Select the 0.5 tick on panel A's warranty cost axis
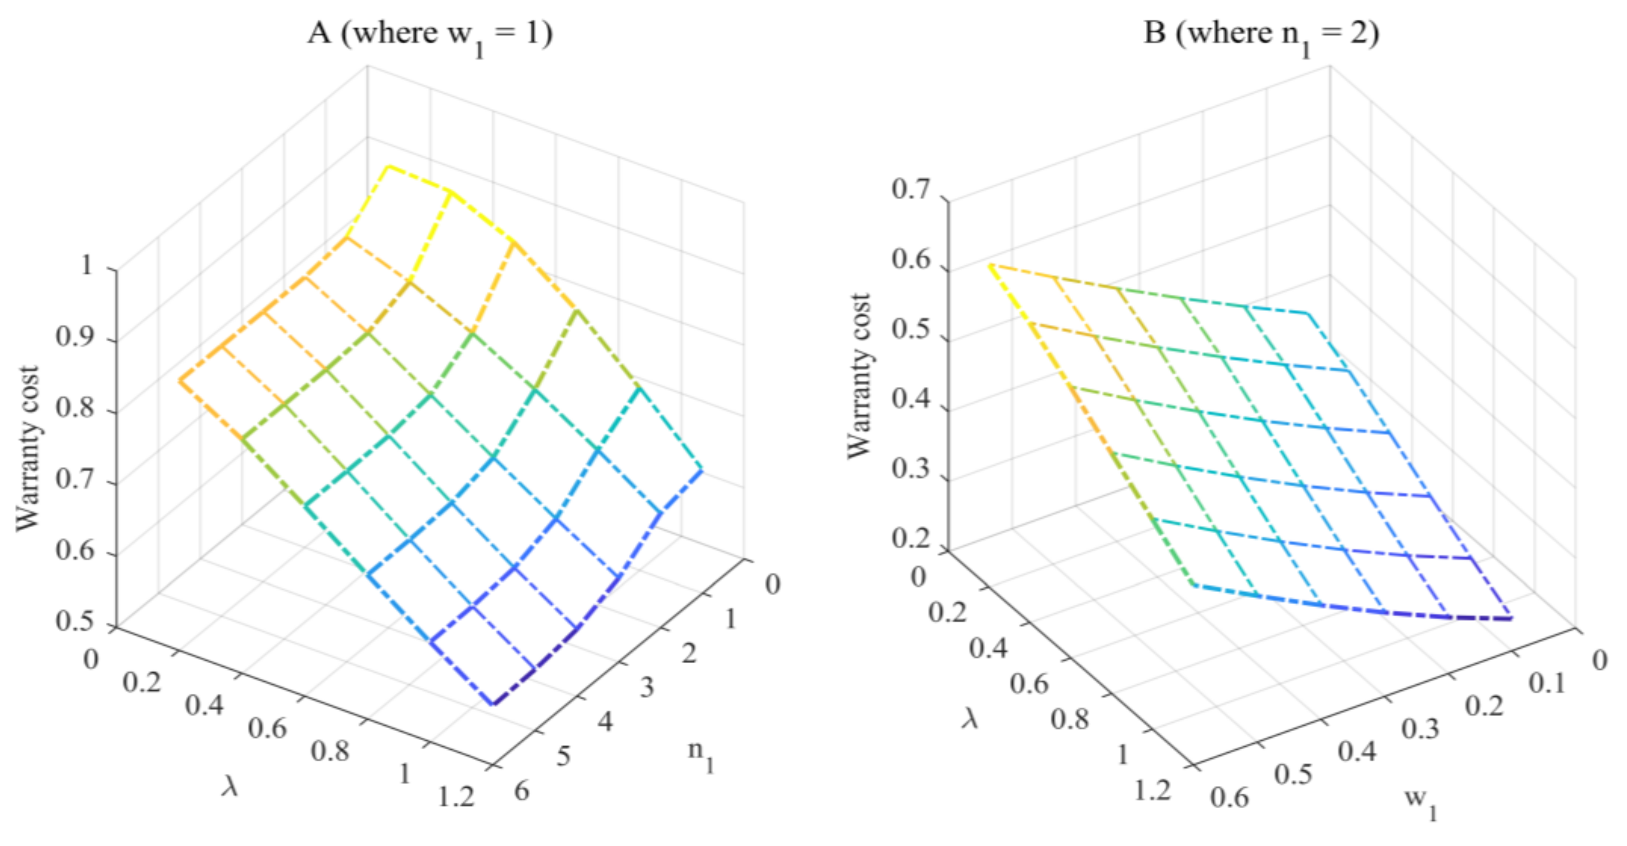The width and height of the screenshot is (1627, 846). click(x=75, y=621)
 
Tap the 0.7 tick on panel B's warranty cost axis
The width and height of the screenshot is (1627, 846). click(x=910, y=189)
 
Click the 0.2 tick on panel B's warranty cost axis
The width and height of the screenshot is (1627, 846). click(x=910, y=538)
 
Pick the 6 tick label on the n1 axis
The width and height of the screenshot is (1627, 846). click(x=522, y=791)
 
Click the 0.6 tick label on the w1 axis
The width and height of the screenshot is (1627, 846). click(x=1229, y=797)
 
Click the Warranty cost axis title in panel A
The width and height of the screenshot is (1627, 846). click(x=28, y=449)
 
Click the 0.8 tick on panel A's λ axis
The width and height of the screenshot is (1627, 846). click(x=330, y=751)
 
